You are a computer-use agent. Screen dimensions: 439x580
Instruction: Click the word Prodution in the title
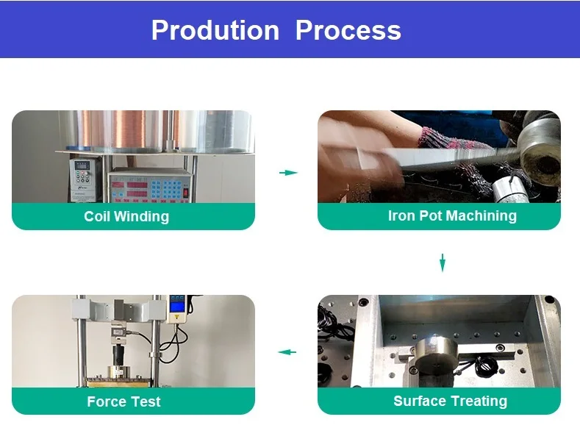pyautogui.click(x=215, y=30)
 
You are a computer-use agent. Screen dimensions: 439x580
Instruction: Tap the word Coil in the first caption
pyautogui.click(x=98, y=216)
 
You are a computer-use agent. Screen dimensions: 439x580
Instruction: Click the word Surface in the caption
pyautogui.click(x=420, y=401)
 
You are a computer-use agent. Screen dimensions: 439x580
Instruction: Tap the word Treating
pyautogui.click(x=479, y=401)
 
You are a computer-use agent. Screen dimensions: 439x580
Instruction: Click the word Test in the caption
pyautogui.click(x=146, y=401)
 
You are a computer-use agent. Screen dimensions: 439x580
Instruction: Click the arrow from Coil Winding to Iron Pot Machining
pyautogui.click(x=288, y=173)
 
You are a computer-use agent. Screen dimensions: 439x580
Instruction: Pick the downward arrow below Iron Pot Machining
pyautogui.click(x=443, y=263)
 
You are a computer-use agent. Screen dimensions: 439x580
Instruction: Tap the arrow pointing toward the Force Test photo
pyautogui.click(x=287, y=352)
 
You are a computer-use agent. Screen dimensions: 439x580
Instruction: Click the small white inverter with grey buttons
pyautogui.click(x=82, y=179)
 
